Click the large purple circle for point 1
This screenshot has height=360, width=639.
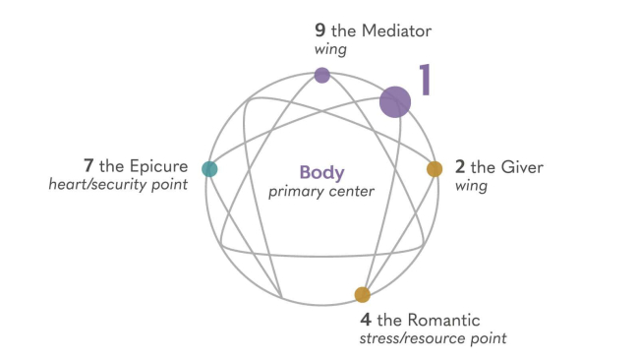click(395, 102)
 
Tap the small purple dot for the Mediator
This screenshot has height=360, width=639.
click(321, 75)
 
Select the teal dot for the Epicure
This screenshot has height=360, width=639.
click(209, 169)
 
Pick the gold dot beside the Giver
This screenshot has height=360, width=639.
click(435, 169)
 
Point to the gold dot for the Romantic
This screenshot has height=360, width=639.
click(362, 294)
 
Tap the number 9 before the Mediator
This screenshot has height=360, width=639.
click(319, 31)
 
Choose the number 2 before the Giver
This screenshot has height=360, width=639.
click(461, 166)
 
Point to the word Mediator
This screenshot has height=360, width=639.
click(395, 31)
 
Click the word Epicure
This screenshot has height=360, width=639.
click(157, 163)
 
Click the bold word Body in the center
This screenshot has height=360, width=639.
click(322, 171)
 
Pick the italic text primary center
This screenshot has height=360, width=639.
click(321, 191)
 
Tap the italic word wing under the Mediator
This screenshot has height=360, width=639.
click(331, 50)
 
